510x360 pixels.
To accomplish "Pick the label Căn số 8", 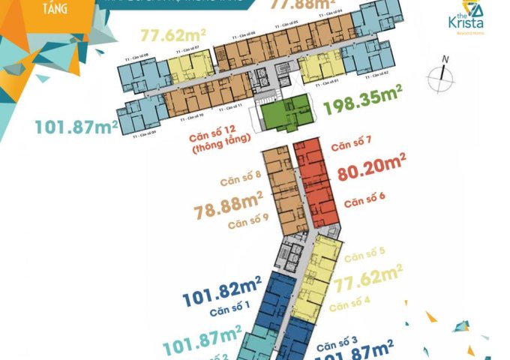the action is [x=240, y=181].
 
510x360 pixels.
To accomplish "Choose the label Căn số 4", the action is [x=350, y=304].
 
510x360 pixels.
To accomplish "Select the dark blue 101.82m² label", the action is [x=220, y=286].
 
